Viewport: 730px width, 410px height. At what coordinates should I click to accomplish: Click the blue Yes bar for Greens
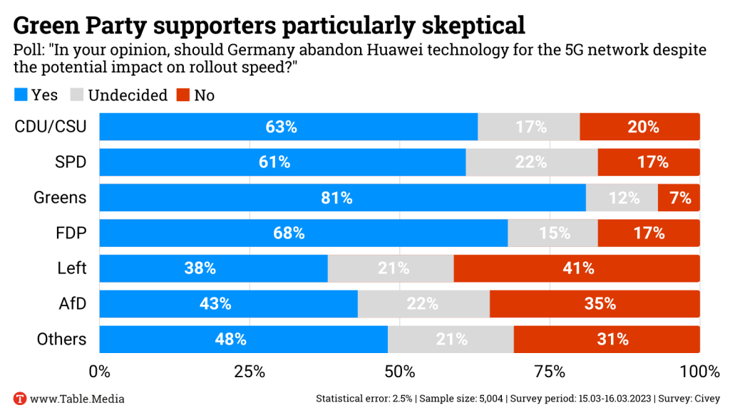point(342,198)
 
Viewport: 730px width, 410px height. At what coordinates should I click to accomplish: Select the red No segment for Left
point(577,268)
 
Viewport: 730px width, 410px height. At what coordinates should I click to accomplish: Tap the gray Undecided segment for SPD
point(531,162)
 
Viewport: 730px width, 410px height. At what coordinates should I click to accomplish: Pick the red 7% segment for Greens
point(679,198)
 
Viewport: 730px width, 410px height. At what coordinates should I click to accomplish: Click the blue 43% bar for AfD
point(228,304)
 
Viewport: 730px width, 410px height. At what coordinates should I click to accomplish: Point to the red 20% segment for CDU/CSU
point(639,127)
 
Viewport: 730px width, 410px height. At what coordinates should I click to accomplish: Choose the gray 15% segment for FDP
point(552,233)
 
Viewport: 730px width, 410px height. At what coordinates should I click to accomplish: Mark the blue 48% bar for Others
point(243,340)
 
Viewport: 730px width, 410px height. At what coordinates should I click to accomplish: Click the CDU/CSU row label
point(51,127)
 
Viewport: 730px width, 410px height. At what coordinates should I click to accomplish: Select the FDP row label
point(71,233)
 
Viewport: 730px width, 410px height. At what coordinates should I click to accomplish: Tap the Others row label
point(62,340)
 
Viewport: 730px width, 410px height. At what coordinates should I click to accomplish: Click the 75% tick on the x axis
point(550,372)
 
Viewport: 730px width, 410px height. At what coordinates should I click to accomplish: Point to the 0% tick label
point(99,372)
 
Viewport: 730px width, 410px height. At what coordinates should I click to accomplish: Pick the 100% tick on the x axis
point(699,372)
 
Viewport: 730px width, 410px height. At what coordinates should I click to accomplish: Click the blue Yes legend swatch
point(21,95)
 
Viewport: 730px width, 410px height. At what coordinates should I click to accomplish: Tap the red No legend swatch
point(183,95)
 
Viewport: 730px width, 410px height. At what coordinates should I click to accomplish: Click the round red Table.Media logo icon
point(20,399)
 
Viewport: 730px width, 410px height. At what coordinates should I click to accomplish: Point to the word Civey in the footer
point(706,399)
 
